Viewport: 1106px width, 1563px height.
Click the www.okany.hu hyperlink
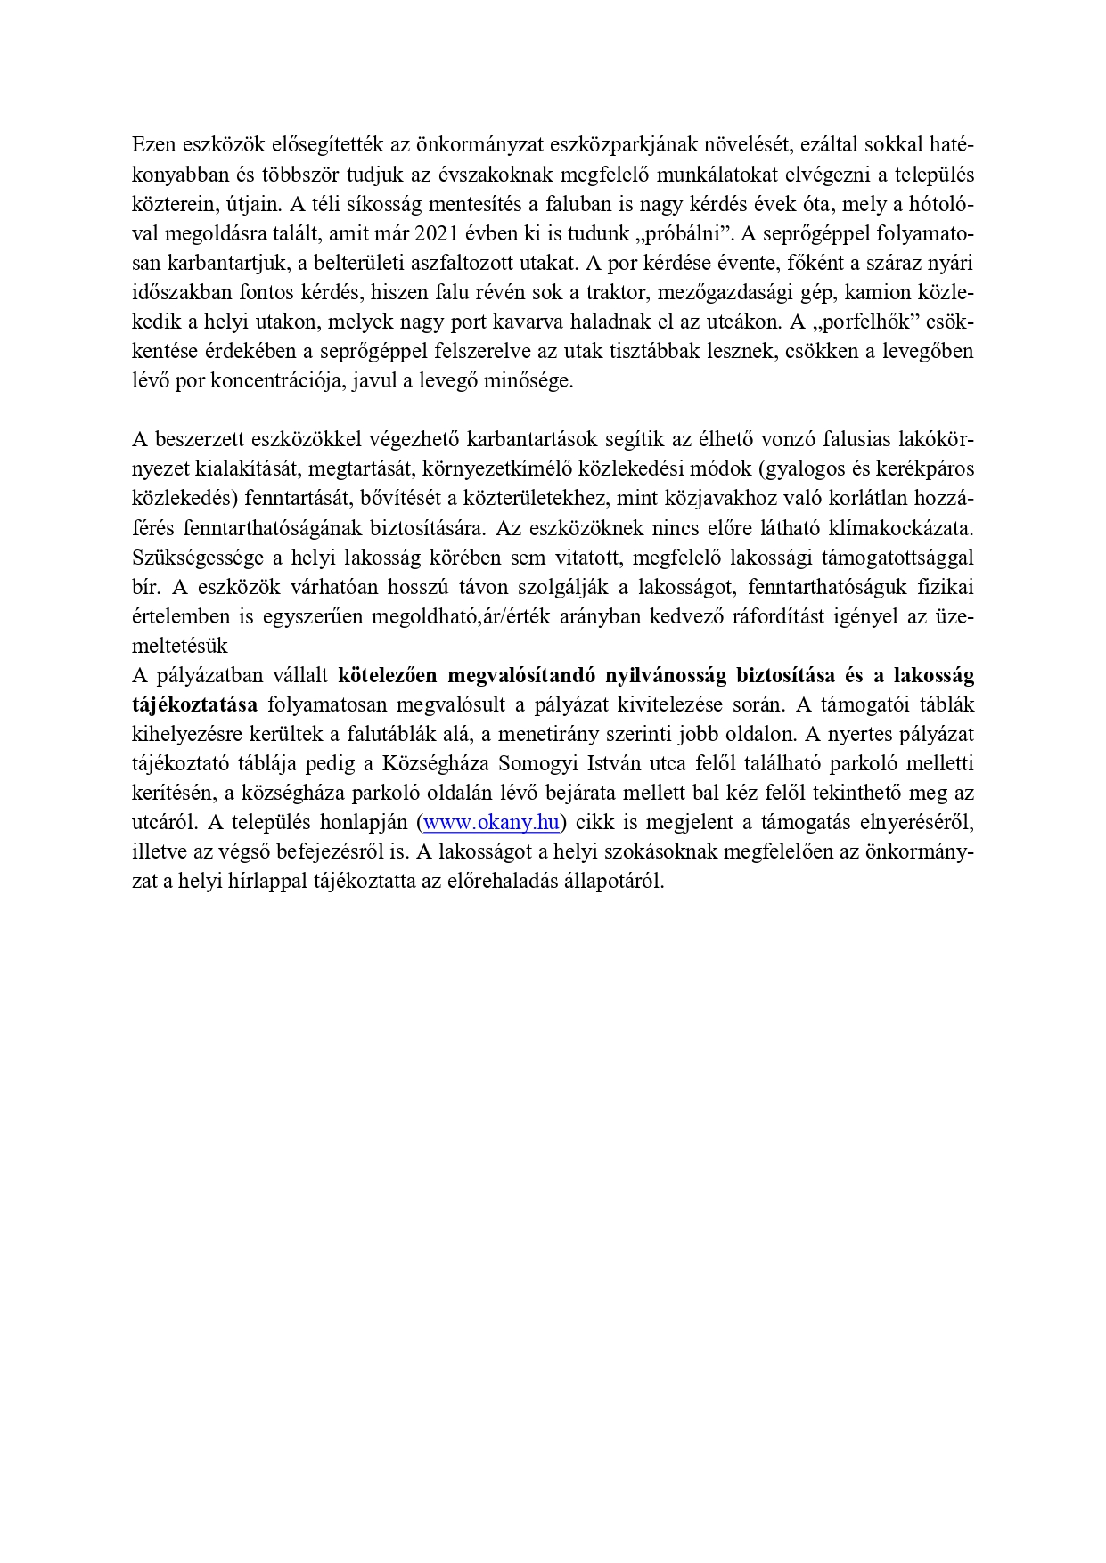tap(491, 822)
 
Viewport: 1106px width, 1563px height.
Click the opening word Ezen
tap(153, 145)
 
